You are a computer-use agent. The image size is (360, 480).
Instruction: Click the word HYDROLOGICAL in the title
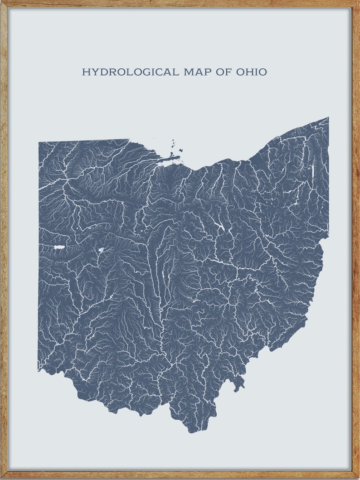click(131, 72)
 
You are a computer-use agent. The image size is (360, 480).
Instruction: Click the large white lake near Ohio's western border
click(59, 247)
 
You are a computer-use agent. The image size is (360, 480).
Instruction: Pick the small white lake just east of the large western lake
click(101, 249)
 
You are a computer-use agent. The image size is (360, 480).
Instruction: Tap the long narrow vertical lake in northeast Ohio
click(312, 171)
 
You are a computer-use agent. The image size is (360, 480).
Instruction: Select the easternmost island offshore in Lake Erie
click(181, 150)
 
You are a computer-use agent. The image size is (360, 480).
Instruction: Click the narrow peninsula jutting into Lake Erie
click(171, 158)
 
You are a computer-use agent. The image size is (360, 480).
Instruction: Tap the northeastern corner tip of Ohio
click(328, 118)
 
